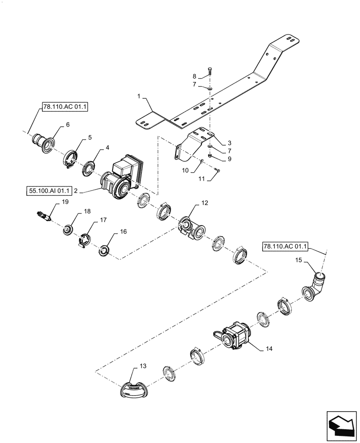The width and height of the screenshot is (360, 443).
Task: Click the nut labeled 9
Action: [209, 155]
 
